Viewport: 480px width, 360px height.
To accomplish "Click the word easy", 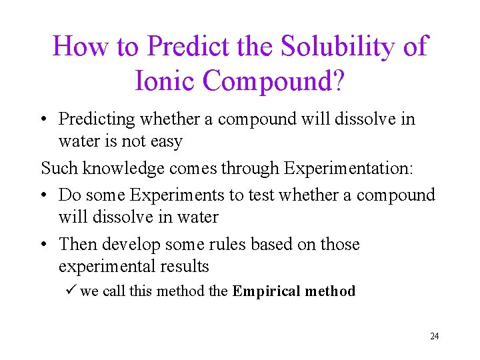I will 167,141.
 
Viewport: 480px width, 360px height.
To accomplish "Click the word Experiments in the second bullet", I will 178,195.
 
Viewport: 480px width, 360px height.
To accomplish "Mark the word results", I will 183,266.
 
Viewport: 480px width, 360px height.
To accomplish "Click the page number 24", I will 434,336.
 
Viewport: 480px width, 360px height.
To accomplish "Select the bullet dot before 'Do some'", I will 44,196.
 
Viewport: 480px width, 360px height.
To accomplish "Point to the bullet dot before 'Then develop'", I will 44,245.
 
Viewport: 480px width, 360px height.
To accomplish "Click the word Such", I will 56,168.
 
